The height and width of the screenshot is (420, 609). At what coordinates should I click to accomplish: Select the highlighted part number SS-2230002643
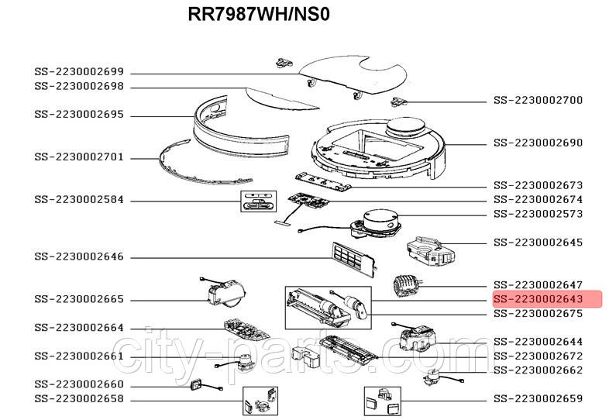[548, 299]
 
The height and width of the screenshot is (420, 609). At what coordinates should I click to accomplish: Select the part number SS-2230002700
[549, 101]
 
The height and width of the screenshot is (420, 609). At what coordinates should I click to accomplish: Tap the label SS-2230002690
[549, 143]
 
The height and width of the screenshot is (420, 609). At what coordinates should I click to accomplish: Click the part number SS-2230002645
[549, 243]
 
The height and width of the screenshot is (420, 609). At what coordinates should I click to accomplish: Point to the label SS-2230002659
[549, 399]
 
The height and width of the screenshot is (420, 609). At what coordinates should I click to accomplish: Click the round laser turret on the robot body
[408, 125]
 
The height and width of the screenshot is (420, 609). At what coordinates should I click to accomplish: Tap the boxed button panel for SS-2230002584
[257, 201]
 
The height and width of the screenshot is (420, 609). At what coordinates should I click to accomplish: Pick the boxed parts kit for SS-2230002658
[260, 400]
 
